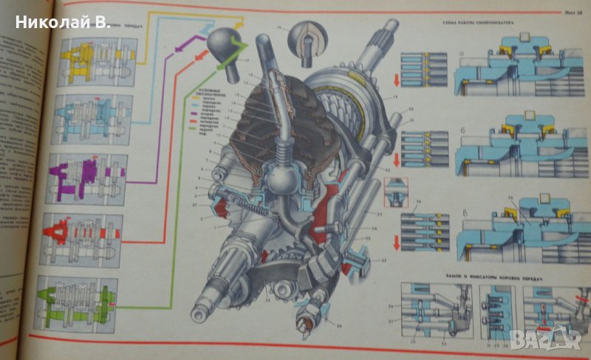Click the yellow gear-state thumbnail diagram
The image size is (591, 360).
[88, 61]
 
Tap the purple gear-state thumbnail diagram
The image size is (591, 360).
[88, 177]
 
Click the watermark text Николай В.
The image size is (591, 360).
[62, 21]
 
